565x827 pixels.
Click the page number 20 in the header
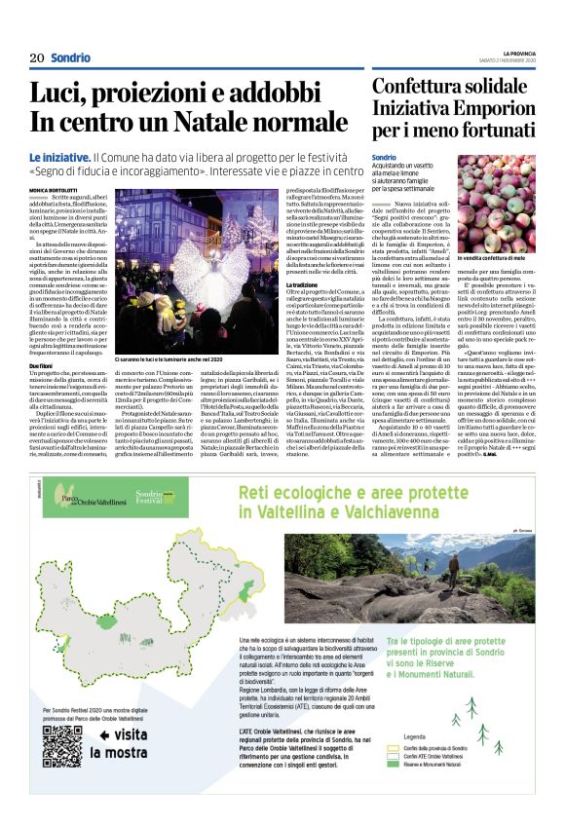tap(37, 57)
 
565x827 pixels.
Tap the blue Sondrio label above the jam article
tap(384, 157)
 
